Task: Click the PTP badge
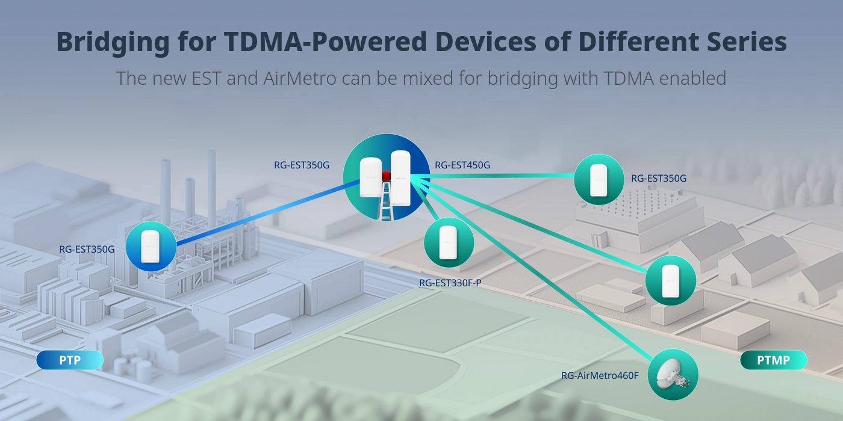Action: pyautogui.click(x=70, y=360)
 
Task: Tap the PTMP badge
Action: pyautogui.click(x=773, y=360)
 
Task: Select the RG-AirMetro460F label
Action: pyautogui.click(x=600, y=376)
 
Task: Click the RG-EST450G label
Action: pyautogui.click(x=462, y=165)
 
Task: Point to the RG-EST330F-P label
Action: pyautogui.click(x=450, y=283)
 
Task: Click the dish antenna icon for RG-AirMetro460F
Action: pyautogui.click(x=673, y=375)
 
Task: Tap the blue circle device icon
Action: pyautogui.click(x=151, y=246)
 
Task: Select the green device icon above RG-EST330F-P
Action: pyautogui.click(x=449, y=242)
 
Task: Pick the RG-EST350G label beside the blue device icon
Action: pyautogui.click(x=87, y=248)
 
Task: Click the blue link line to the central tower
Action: pyautogui.click(x=259, y=210)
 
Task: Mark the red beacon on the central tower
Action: pyautogui.click(x=386, y=176)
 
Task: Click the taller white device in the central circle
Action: pyautogui.click(x=400, y=177)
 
